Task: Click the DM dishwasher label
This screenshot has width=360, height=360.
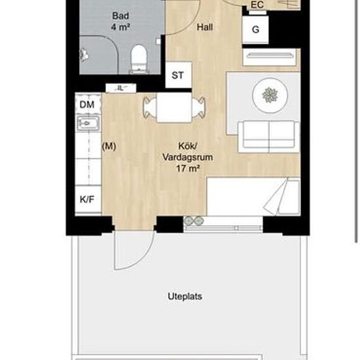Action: [87, 105]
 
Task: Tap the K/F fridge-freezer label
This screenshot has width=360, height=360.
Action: [87, 199]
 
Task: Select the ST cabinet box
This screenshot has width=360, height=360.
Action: [179, 75]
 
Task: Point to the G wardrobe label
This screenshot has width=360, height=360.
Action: [255, 29]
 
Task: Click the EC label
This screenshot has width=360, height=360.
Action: [257, 5]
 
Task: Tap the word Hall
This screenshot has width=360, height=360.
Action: [205, 27]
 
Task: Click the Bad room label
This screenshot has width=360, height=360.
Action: [120, 16]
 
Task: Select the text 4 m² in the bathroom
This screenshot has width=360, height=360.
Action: [121, 27]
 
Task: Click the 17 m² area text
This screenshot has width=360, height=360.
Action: [188, 169]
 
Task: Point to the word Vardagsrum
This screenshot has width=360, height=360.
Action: [188, 158]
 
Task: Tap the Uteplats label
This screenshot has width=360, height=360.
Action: [185, 297]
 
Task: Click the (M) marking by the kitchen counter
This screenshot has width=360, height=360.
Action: [109, 146]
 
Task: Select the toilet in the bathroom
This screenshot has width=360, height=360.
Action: [139, 58]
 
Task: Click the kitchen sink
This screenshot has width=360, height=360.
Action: [88, 123]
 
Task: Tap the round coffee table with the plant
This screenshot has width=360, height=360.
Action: [270, 95]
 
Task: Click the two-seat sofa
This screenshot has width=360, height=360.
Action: [269, 136]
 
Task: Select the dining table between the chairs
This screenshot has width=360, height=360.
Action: [174, 107]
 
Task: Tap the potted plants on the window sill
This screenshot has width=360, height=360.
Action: [194, 221]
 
